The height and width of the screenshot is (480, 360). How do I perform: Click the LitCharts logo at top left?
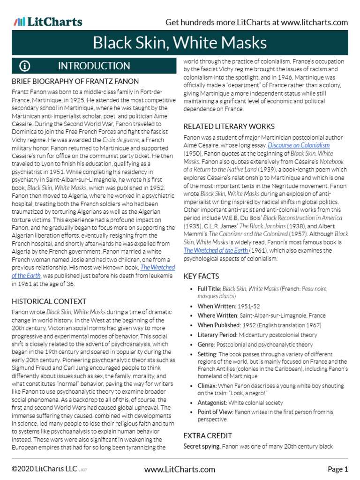[x=48, y=22]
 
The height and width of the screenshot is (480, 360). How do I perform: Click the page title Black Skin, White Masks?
[x=180, y=43]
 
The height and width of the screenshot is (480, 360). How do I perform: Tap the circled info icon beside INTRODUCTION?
[x=24, y=66]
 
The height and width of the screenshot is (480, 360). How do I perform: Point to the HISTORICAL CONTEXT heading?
[x=49, y=301]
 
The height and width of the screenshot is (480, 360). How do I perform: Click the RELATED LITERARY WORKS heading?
[x=229, y=127]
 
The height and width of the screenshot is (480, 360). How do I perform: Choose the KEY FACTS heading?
[x=201, y=277]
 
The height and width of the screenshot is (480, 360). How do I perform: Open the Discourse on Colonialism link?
[x=299, y=145]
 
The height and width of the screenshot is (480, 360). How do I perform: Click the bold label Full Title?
[x=209, y=289]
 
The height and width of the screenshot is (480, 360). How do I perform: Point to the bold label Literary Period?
[x=217, y=335]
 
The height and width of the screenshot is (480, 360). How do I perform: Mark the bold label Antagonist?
[x=213, y=403]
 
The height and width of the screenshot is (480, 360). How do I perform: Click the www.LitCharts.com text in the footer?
[x=180, y=469]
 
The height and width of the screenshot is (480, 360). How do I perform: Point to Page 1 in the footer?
[x=337, y=469]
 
